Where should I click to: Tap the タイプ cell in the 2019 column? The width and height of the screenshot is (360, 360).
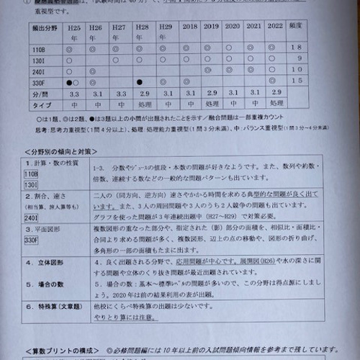[211, 106]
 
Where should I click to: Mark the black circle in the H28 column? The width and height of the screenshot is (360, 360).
[142, 82]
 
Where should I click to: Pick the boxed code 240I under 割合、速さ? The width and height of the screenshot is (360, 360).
[32, 217]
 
